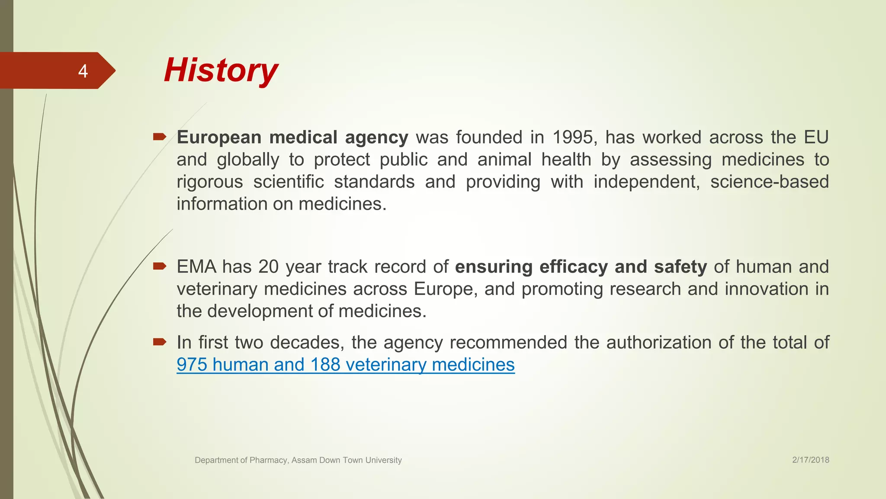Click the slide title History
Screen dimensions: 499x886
(x=221, y=70)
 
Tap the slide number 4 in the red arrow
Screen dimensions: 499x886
(x=83, y=71)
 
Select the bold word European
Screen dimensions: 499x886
(x=219, y=137)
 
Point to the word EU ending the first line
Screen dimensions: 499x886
(x=816, y=137)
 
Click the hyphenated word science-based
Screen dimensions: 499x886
(x=769, y=181)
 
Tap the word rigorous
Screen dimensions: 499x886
(x=210, y=181)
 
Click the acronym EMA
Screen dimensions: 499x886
(x=196, y=266)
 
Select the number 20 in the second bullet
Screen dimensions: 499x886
(x=268, y=266)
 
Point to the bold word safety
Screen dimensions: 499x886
(x=680, y=266)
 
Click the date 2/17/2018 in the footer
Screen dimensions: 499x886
(x=811, y=460)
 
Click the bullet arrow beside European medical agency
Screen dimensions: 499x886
(x=159, y=137)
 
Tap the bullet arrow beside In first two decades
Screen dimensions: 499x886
(x=159, y=342)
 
